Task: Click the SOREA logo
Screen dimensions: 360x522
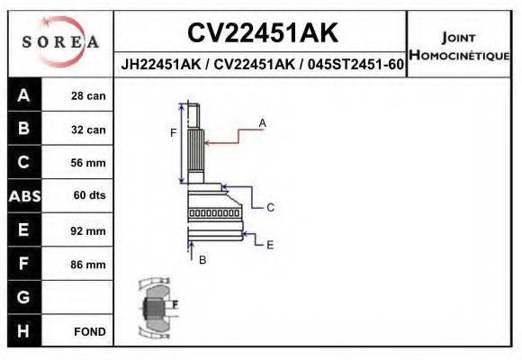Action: pos(60,41)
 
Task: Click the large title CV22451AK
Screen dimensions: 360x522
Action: pos(262,33)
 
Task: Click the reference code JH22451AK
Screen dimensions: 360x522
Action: pos(159,66)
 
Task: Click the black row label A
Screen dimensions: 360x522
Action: pos(24,95)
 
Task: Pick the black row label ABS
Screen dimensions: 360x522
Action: pos(24,196)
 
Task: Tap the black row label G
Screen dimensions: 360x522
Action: pos(24,297)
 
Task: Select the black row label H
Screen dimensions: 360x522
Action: pos(24,331)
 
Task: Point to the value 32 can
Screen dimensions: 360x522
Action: pos(89,130)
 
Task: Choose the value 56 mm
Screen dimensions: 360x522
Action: pos(89,163)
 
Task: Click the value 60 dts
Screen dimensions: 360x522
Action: pos(89,196)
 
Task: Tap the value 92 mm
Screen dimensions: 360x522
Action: pos(89,230)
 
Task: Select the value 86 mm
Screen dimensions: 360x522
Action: pos(89,265)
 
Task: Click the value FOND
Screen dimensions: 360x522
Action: pos(89,331)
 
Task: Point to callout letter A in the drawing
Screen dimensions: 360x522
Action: pos(262,121)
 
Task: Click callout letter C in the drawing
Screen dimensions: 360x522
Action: pos(269,207)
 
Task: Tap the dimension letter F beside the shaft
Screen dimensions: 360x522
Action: pos(174,133)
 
